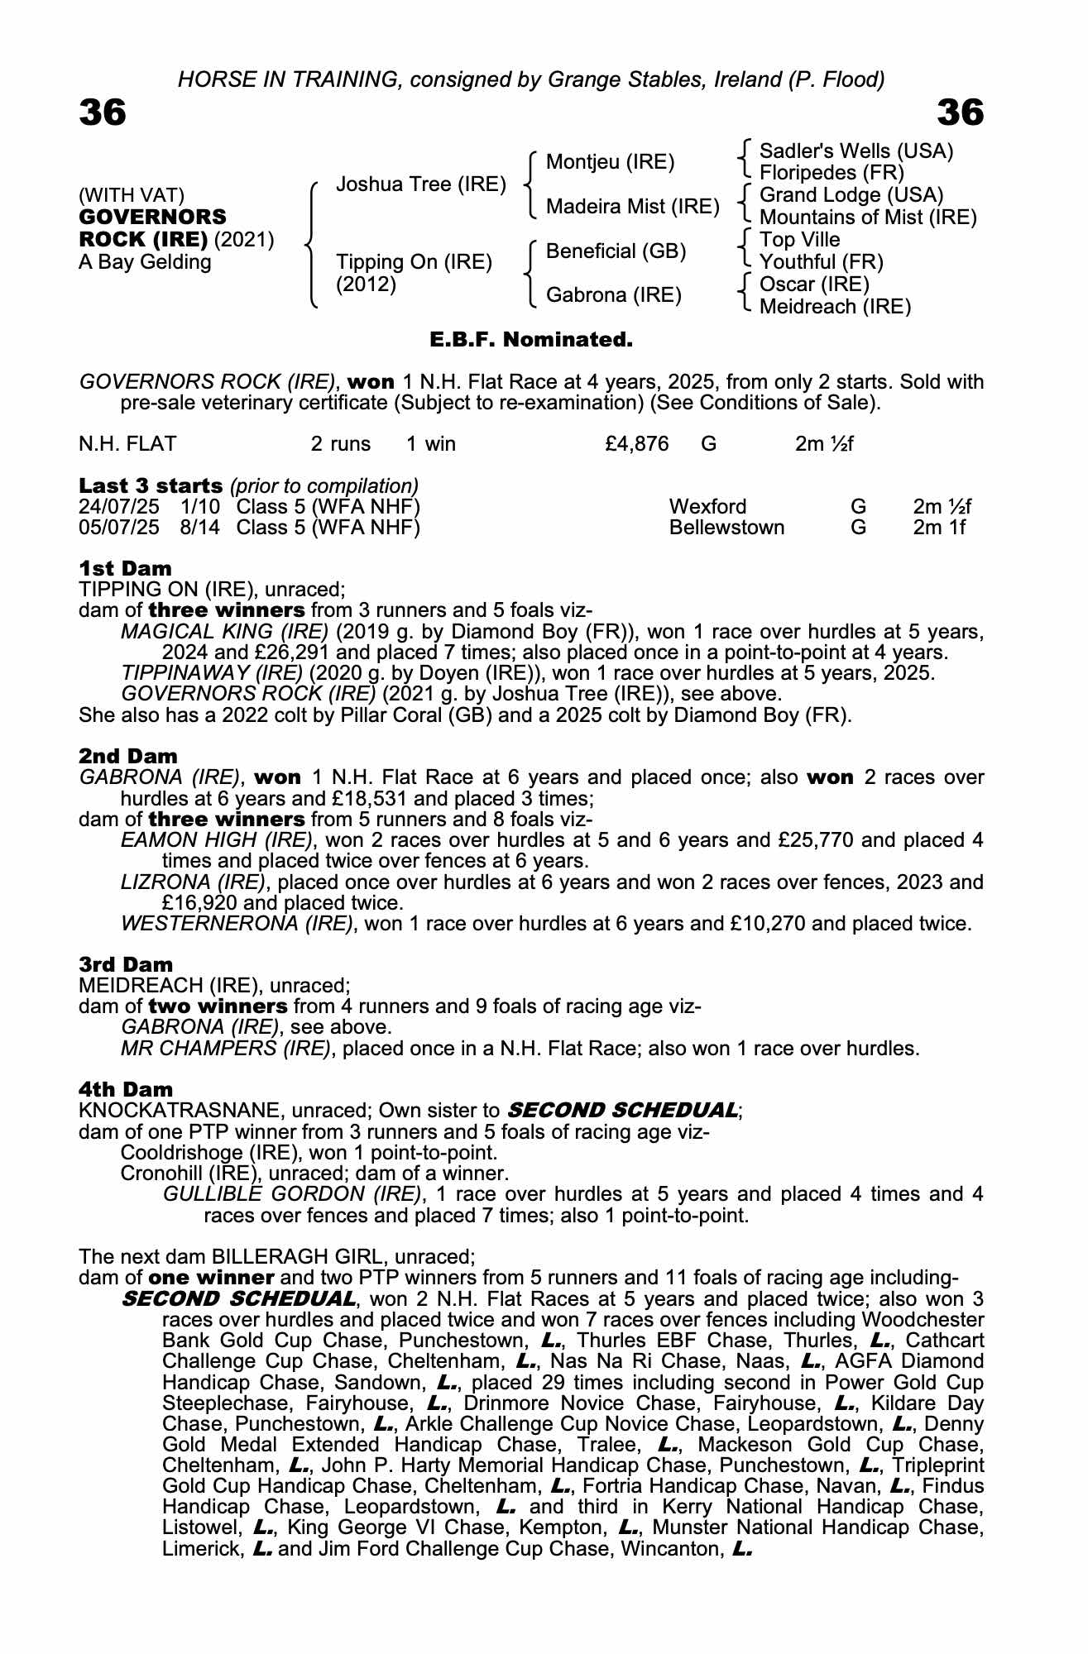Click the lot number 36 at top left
point(103,113)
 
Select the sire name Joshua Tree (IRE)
point(420,184)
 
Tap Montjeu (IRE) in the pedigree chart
point(610,161)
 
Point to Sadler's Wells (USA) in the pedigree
point(856,151)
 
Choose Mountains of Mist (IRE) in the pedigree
point(867,218)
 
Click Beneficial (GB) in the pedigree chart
point(616,251)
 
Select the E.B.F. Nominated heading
point(530,340)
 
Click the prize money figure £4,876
point(636,444)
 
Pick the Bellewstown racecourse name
point(726,528)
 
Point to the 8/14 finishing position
point(200,528)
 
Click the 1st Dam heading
point(125,568)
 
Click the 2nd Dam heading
point(127,756)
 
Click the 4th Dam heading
point(126,1089)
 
